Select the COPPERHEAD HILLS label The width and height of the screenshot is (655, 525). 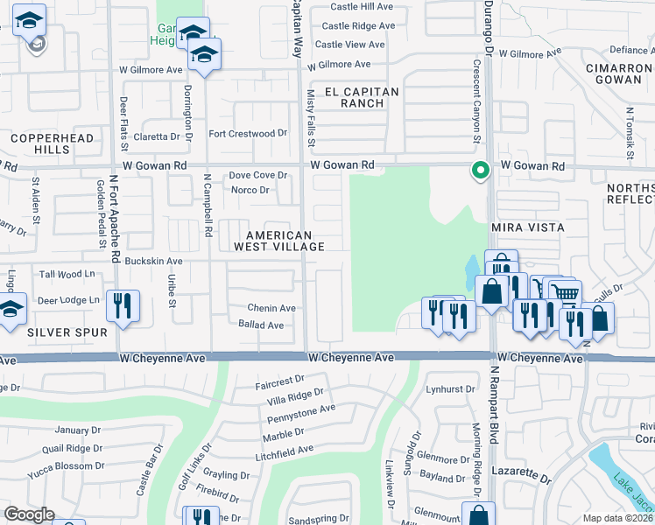40,144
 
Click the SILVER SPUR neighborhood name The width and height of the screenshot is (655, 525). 67,332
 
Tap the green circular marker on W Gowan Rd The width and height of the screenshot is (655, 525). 480,171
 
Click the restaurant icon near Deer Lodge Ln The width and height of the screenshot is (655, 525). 122,306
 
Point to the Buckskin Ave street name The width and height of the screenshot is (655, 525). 154,261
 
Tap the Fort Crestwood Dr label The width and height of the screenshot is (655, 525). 248,134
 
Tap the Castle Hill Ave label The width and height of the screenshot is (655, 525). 362,5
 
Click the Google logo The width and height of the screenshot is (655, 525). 30,514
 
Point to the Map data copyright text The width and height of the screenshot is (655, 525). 616,518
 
